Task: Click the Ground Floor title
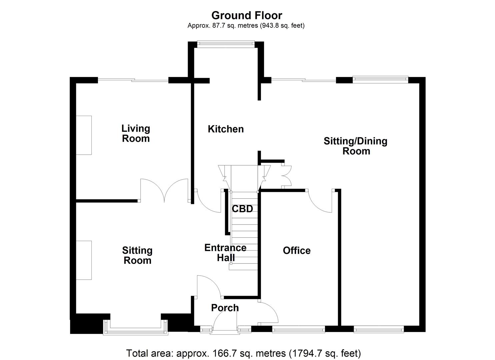coord(247,15)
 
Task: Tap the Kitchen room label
coord(226,129)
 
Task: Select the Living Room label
coord(136,133)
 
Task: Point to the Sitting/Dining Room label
coord(356,146)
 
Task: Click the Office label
coord(297,250)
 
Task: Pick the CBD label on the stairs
coord(242,209)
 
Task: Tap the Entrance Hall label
coord(225,253)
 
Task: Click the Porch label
coord(225,308)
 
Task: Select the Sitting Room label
coord(137,255)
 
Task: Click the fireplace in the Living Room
coord(84,135)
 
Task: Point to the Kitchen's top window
coord(226,43)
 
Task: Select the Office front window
coord(298,330)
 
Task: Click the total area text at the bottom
coord(243,353)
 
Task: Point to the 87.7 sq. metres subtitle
coord(246,25)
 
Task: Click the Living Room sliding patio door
coord(133,80)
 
